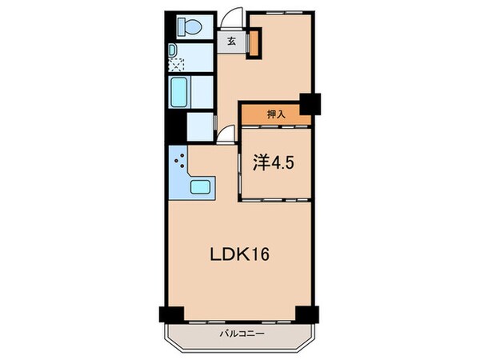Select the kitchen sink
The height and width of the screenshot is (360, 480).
coord(200,187)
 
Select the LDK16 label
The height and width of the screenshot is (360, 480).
coord(240,256)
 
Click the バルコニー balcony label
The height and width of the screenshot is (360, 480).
coord(240,332)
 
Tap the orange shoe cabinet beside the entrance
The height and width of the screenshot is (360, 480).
coord(253,44)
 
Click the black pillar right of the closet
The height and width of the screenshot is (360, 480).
coord(309,104)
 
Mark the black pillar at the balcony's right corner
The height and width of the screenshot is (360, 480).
coord(306,314)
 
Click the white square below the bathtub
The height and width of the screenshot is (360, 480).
coord(199,126)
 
